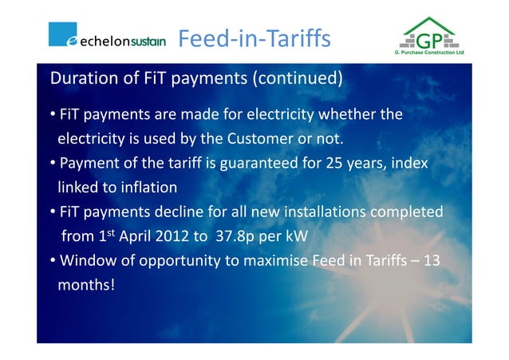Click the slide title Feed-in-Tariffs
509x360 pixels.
click(253, 38)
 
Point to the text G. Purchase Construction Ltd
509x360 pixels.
click(429, 54)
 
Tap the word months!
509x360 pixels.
click(86, 285)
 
